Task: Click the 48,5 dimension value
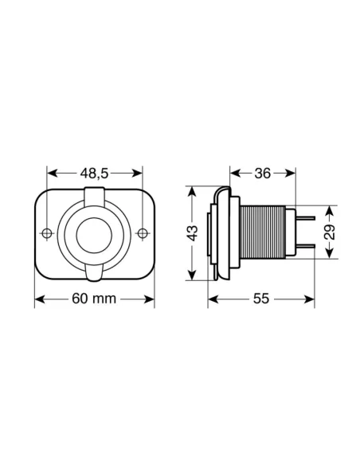coord(95,173)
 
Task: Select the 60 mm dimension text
coord(95,299)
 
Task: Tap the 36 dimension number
coord(263,173)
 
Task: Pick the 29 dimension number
coord(331,232)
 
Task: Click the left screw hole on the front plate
coord(47,232)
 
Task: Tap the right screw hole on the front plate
coord(143,232)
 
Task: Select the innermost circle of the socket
coord(95,232)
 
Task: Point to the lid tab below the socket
coord(95,273)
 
